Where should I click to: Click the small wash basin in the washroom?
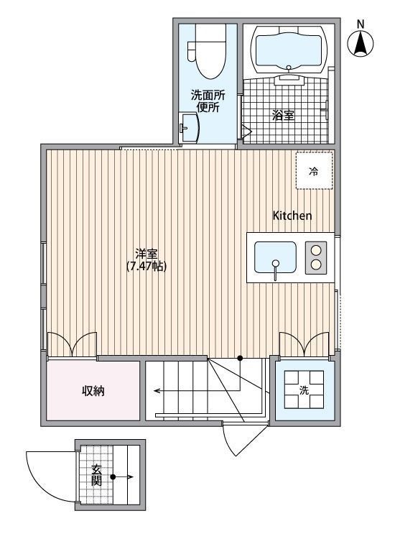190,128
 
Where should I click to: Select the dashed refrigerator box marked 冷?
314,171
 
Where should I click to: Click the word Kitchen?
292,216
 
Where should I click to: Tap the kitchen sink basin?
275,257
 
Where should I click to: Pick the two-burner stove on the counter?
316,257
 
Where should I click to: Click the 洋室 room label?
147,254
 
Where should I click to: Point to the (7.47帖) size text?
147,266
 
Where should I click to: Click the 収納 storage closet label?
93,391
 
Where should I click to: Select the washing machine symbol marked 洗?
305,390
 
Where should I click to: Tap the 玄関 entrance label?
96,475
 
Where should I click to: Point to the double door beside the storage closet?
72,345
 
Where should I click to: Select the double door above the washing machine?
304,345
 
